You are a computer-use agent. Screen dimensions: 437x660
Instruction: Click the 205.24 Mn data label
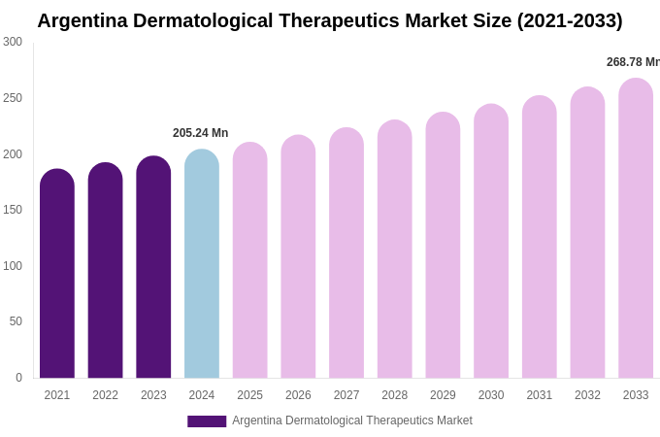click(200, 133)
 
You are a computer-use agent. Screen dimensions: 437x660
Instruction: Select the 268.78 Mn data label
click(633, 62)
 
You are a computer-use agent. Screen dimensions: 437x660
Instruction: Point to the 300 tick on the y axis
click(13, 42)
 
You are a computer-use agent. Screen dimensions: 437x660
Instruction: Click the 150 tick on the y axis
click(13, 210)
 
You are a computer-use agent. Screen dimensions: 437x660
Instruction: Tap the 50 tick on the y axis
click(16, 321)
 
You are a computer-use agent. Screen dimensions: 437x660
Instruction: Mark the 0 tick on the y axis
click(18, 378)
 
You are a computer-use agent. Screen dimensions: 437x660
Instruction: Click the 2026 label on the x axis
click(298, 395)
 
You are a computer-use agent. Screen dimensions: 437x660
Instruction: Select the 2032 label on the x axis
click(587, 395)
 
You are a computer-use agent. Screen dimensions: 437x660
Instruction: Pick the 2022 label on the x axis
click(105, 395)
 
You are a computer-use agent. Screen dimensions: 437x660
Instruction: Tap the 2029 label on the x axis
click(443, 395)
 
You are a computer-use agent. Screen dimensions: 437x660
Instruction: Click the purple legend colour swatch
click(207, 421)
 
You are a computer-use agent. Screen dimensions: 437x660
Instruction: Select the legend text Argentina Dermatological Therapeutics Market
click(351, 420)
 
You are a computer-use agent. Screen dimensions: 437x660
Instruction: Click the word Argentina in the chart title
click(82, 20)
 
